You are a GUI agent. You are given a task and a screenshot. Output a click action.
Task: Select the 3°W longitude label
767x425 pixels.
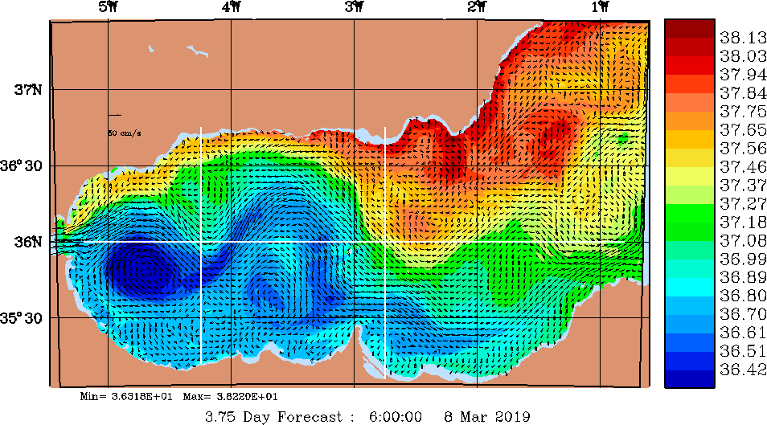pos(355,9)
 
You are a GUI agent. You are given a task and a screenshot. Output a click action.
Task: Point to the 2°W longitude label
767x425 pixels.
pos(478,9)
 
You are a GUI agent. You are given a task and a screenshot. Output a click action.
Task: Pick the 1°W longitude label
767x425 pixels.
pos(600,9)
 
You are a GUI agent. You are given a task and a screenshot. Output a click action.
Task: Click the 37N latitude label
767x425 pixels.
pos(30,90)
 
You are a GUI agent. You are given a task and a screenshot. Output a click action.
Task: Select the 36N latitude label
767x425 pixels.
pos(30,242)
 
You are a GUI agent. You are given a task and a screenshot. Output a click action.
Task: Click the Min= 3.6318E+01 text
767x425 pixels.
pos(127,397)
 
